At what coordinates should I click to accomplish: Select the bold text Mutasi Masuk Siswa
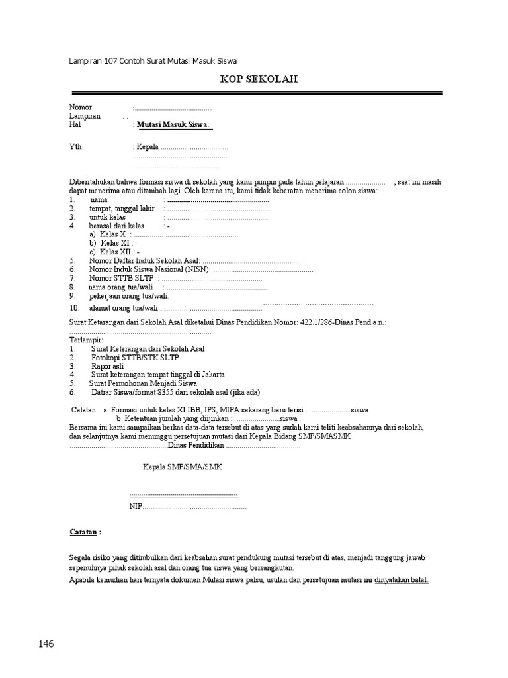tap(172, 124)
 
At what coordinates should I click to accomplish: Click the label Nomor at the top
tap(81, 107)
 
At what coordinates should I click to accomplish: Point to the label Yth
tap(75, 147)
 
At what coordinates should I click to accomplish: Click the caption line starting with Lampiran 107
tap(153, 61)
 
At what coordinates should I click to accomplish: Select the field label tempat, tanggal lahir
tap(122, 208)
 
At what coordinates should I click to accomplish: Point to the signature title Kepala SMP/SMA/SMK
tap(183, 467)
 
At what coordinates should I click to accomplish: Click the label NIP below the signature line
tap(136, 507)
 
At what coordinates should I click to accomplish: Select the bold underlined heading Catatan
tap(85, 532)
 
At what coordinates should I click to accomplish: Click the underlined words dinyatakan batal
tap(402, 580)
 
